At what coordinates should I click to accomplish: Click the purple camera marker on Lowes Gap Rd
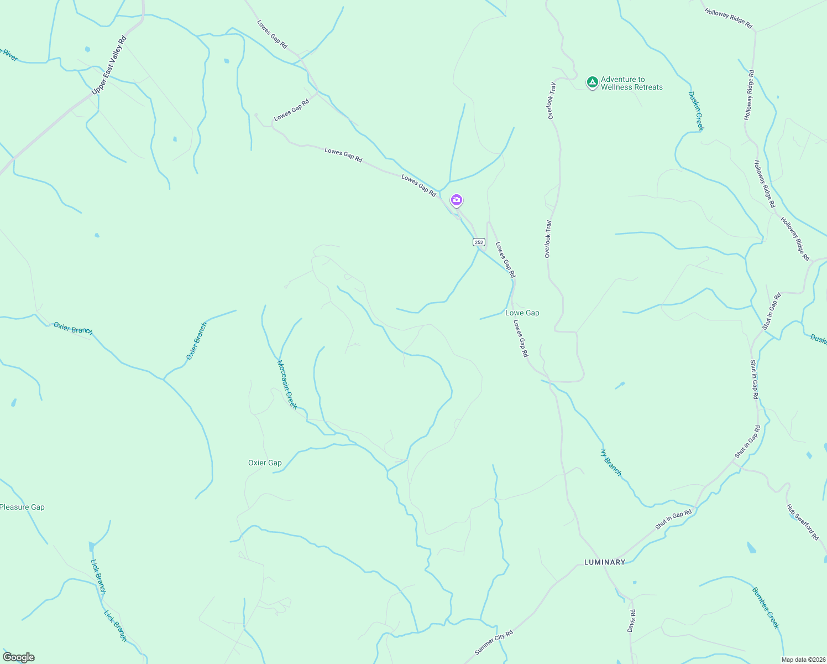[456, 200]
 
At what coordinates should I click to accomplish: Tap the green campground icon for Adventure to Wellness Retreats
[592, 82]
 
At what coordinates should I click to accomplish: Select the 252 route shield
[479, 242]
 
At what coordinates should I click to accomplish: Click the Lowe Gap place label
[522, 313]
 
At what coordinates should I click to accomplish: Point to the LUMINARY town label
[605, 562]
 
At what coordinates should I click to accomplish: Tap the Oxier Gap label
[265, 463]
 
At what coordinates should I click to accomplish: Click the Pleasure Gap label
[22, 507]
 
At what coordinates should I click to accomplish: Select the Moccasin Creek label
[287, 385]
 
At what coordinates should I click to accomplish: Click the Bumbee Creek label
[765, 608]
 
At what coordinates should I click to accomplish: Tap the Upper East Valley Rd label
[109, 65]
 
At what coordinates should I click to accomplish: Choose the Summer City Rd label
[494, 642]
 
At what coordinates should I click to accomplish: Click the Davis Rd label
[632, 621]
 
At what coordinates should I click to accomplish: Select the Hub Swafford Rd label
[802, 522]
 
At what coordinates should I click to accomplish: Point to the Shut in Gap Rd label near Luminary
[673, 520]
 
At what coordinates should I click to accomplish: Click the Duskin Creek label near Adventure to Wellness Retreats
[696, 111]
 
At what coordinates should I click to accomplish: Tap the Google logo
[18, 657]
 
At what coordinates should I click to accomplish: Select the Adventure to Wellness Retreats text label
[631, 83]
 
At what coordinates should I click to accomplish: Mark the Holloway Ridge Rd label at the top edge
[728, 18]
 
